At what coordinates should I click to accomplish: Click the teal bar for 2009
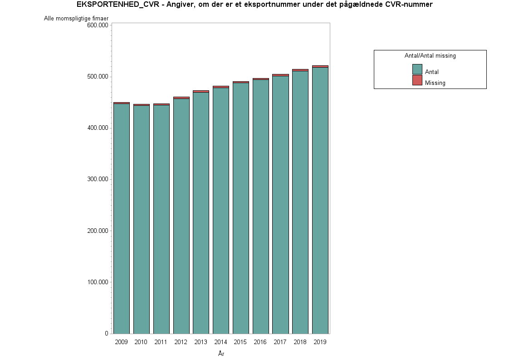pyautogui.click(x=122, y=218)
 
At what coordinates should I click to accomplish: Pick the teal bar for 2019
pyautogui.click(x=320, y=200)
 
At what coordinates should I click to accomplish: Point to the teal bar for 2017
pyautogui.click(x=280, y=204)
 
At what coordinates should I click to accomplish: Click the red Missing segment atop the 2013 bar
pyautogui.click(x=201, y=91)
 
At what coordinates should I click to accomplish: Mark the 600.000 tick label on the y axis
pyautogui.click(x=97, y=25)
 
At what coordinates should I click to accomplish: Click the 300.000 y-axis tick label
pyautogui.click(x=97, y=179)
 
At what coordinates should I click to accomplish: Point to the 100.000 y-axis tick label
pyautogui.click(x=97, y=282)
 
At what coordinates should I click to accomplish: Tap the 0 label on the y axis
pyautogui.click(x=106, y=334)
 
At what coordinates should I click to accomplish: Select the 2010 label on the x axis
pyautogui.click(x=141, y=342)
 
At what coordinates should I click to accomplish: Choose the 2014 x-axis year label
pyautogui.click(x=220, y=342)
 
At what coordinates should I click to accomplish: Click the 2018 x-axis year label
pyautogui.click(x=300, y=342)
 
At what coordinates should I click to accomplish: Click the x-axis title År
pyautogui.click(x=221, y=354)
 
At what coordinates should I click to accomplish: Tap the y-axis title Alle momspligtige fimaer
pyautogui.click(x=76, y=19)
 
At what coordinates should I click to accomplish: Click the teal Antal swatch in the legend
pyautogui.click(x=417, y=69)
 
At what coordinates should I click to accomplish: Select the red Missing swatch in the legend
pyautogui.click(x=417, y=80)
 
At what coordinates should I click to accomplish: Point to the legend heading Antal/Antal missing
pyautogui.click(x=430, y=56)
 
